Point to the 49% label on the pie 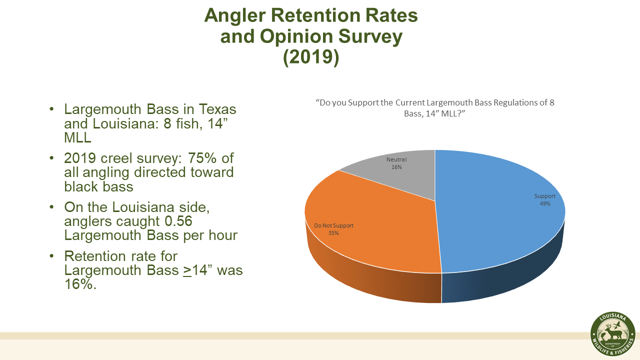(544, 203)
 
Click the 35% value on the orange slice (333, 233)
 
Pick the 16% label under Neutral (396, 167)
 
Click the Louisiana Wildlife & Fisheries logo (612, 334)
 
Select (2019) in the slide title (311, 57)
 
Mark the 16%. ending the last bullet (79, 284)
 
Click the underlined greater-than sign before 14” (188, 270)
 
